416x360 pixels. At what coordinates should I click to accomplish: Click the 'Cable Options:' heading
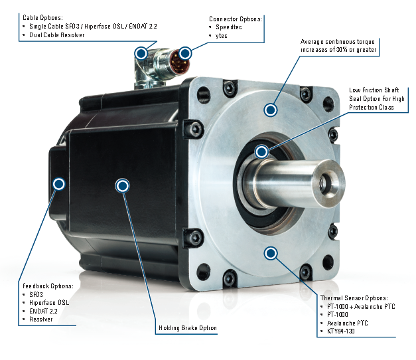coord(42,17)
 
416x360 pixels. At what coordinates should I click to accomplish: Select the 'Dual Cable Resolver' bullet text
coord(57,35)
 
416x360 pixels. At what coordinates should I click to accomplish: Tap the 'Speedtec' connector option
coord(229,27)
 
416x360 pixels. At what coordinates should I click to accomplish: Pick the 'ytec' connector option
coord(221,36)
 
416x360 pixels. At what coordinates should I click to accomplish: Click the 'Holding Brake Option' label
coord(188,328)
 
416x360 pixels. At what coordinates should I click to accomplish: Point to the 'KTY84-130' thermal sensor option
coord(341,331)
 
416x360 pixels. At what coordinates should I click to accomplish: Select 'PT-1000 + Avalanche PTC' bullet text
coord(361,307)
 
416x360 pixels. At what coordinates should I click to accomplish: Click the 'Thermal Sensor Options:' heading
coord(354,298)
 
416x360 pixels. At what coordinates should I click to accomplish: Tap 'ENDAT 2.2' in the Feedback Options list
coord(43,311)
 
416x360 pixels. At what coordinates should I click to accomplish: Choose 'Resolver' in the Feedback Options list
coord(41,319)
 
